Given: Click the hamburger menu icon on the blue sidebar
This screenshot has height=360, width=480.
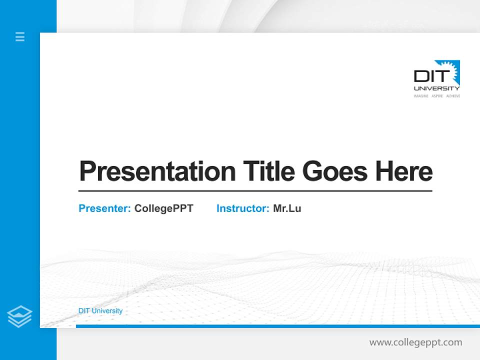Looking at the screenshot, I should (20, 36).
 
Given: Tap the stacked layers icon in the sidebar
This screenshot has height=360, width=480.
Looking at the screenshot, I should (19, 316).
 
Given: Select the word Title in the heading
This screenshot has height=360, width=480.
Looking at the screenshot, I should (268, 171).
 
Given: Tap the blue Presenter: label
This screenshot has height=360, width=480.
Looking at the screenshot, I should (104, 208).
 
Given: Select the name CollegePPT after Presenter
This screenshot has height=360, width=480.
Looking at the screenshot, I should (163, 208).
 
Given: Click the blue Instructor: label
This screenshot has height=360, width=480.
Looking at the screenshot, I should (242, 208).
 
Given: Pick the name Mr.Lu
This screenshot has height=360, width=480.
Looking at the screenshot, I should (287, 208).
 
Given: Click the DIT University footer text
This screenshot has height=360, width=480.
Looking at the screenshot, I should (100, 311).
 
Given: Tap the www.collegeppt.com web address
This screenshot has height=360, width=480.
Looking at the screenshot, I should (415, 342).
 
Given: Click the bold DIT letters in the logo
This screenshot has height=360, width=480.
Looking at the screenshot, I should (428, 76).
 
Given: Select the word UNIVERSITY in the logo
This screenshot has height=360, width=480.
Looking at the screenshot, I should (436, 88).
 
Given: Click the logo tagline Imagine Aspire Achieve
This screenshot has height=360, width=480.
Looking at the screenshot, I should (436, 95).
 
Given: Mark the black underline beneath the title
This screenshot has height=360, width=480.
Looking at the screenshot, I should (255, 191).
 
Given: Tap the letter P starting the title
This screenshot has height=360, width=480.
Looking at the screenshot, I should (87, 171).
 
